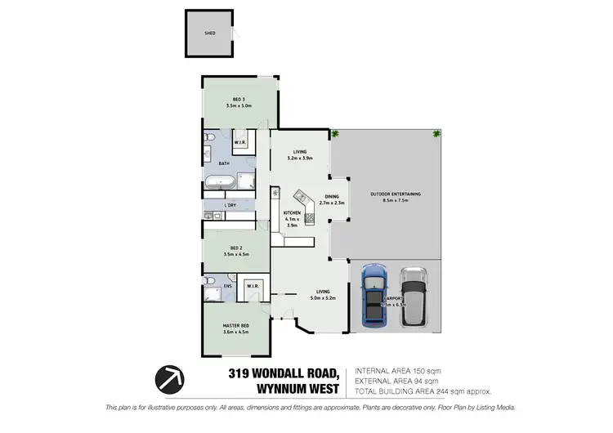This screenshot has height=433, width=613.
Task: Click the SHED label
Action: point(209,33)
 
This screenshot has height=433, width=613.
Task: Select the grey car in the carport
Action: point(414,297)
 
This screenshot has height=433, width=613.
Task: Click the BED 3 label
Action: point(239,100)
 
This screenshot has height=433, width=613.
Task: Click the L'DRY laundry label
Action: point(230,205)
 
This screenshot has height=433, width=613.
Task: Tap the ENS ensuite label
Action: point(228,286)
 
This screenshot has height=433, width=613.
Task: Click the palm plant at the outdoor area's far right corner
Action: point(436,133)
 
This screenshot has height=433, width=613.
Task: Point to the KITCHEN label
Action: point(292,214)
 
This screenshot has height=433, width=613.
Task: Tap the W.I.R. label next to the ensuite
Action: point(253,286)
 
